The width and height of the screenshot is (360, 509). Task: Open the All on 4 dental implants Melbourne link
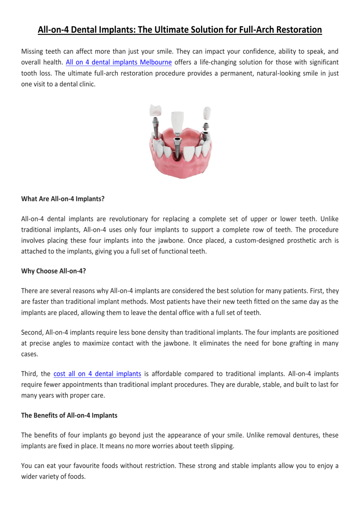pos(119,62)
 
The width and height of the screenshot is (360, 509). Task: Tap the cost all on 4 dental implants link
pos(97,374)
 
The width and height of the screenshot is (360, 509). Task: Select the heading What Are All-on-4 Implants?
pos(63,199)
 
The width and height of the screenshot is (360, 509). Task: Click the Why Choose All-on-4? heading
pos(53,271)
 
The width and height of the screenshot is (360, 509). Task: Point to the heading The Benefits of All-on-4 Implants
pos(69,415)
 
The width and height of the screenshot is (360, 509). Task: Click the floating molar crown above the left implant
pos(156,110)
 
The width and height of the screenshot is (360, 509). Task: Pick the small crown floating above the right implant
pos(207,112)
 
